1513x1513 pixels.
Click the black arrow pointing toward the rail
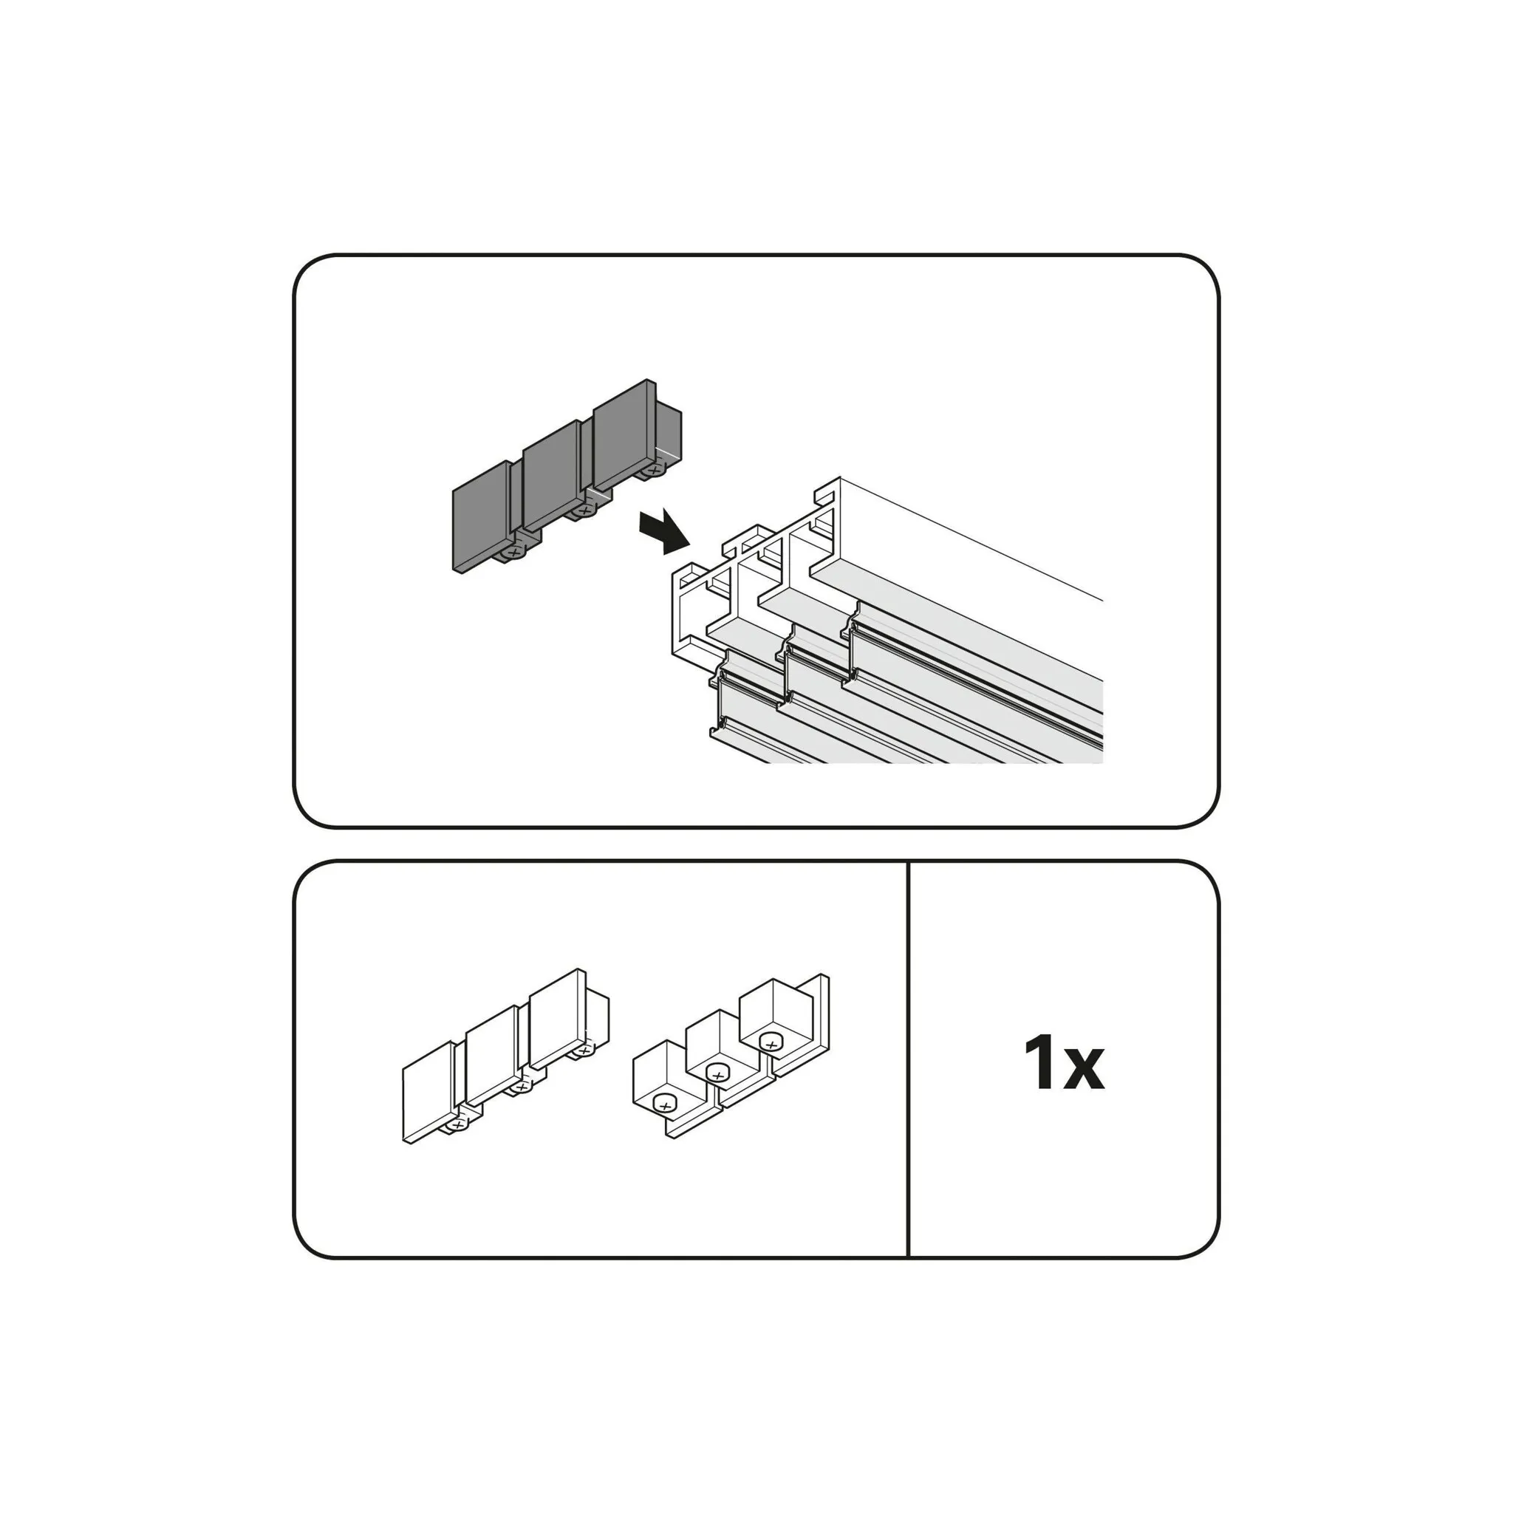tap(664, 531)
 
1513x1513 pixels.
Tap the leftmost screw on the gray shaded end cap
tap(513, 552)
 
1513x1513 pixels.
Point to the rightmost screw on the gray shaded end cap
tap(652, 470)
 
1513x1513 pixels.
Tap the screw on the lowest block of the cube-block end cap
tap(665, 1105)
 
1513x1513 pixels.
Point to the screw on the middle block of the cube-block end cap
tap(717, 1073)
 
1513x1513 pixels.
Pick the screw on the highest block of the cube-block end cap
tap(771, 1044)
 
